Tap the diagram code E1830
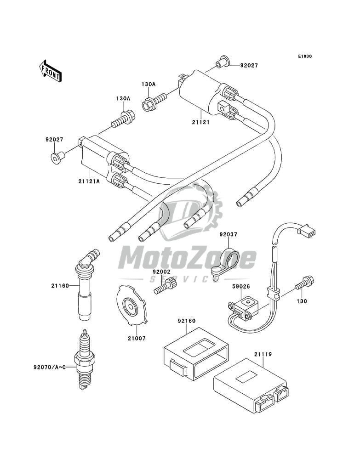point(305,56)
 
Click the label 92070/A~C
point(49,367)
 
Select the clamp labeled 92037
point(226,262)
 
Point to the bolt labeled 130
point(304,283)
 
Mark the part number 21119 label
point(263,354)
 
